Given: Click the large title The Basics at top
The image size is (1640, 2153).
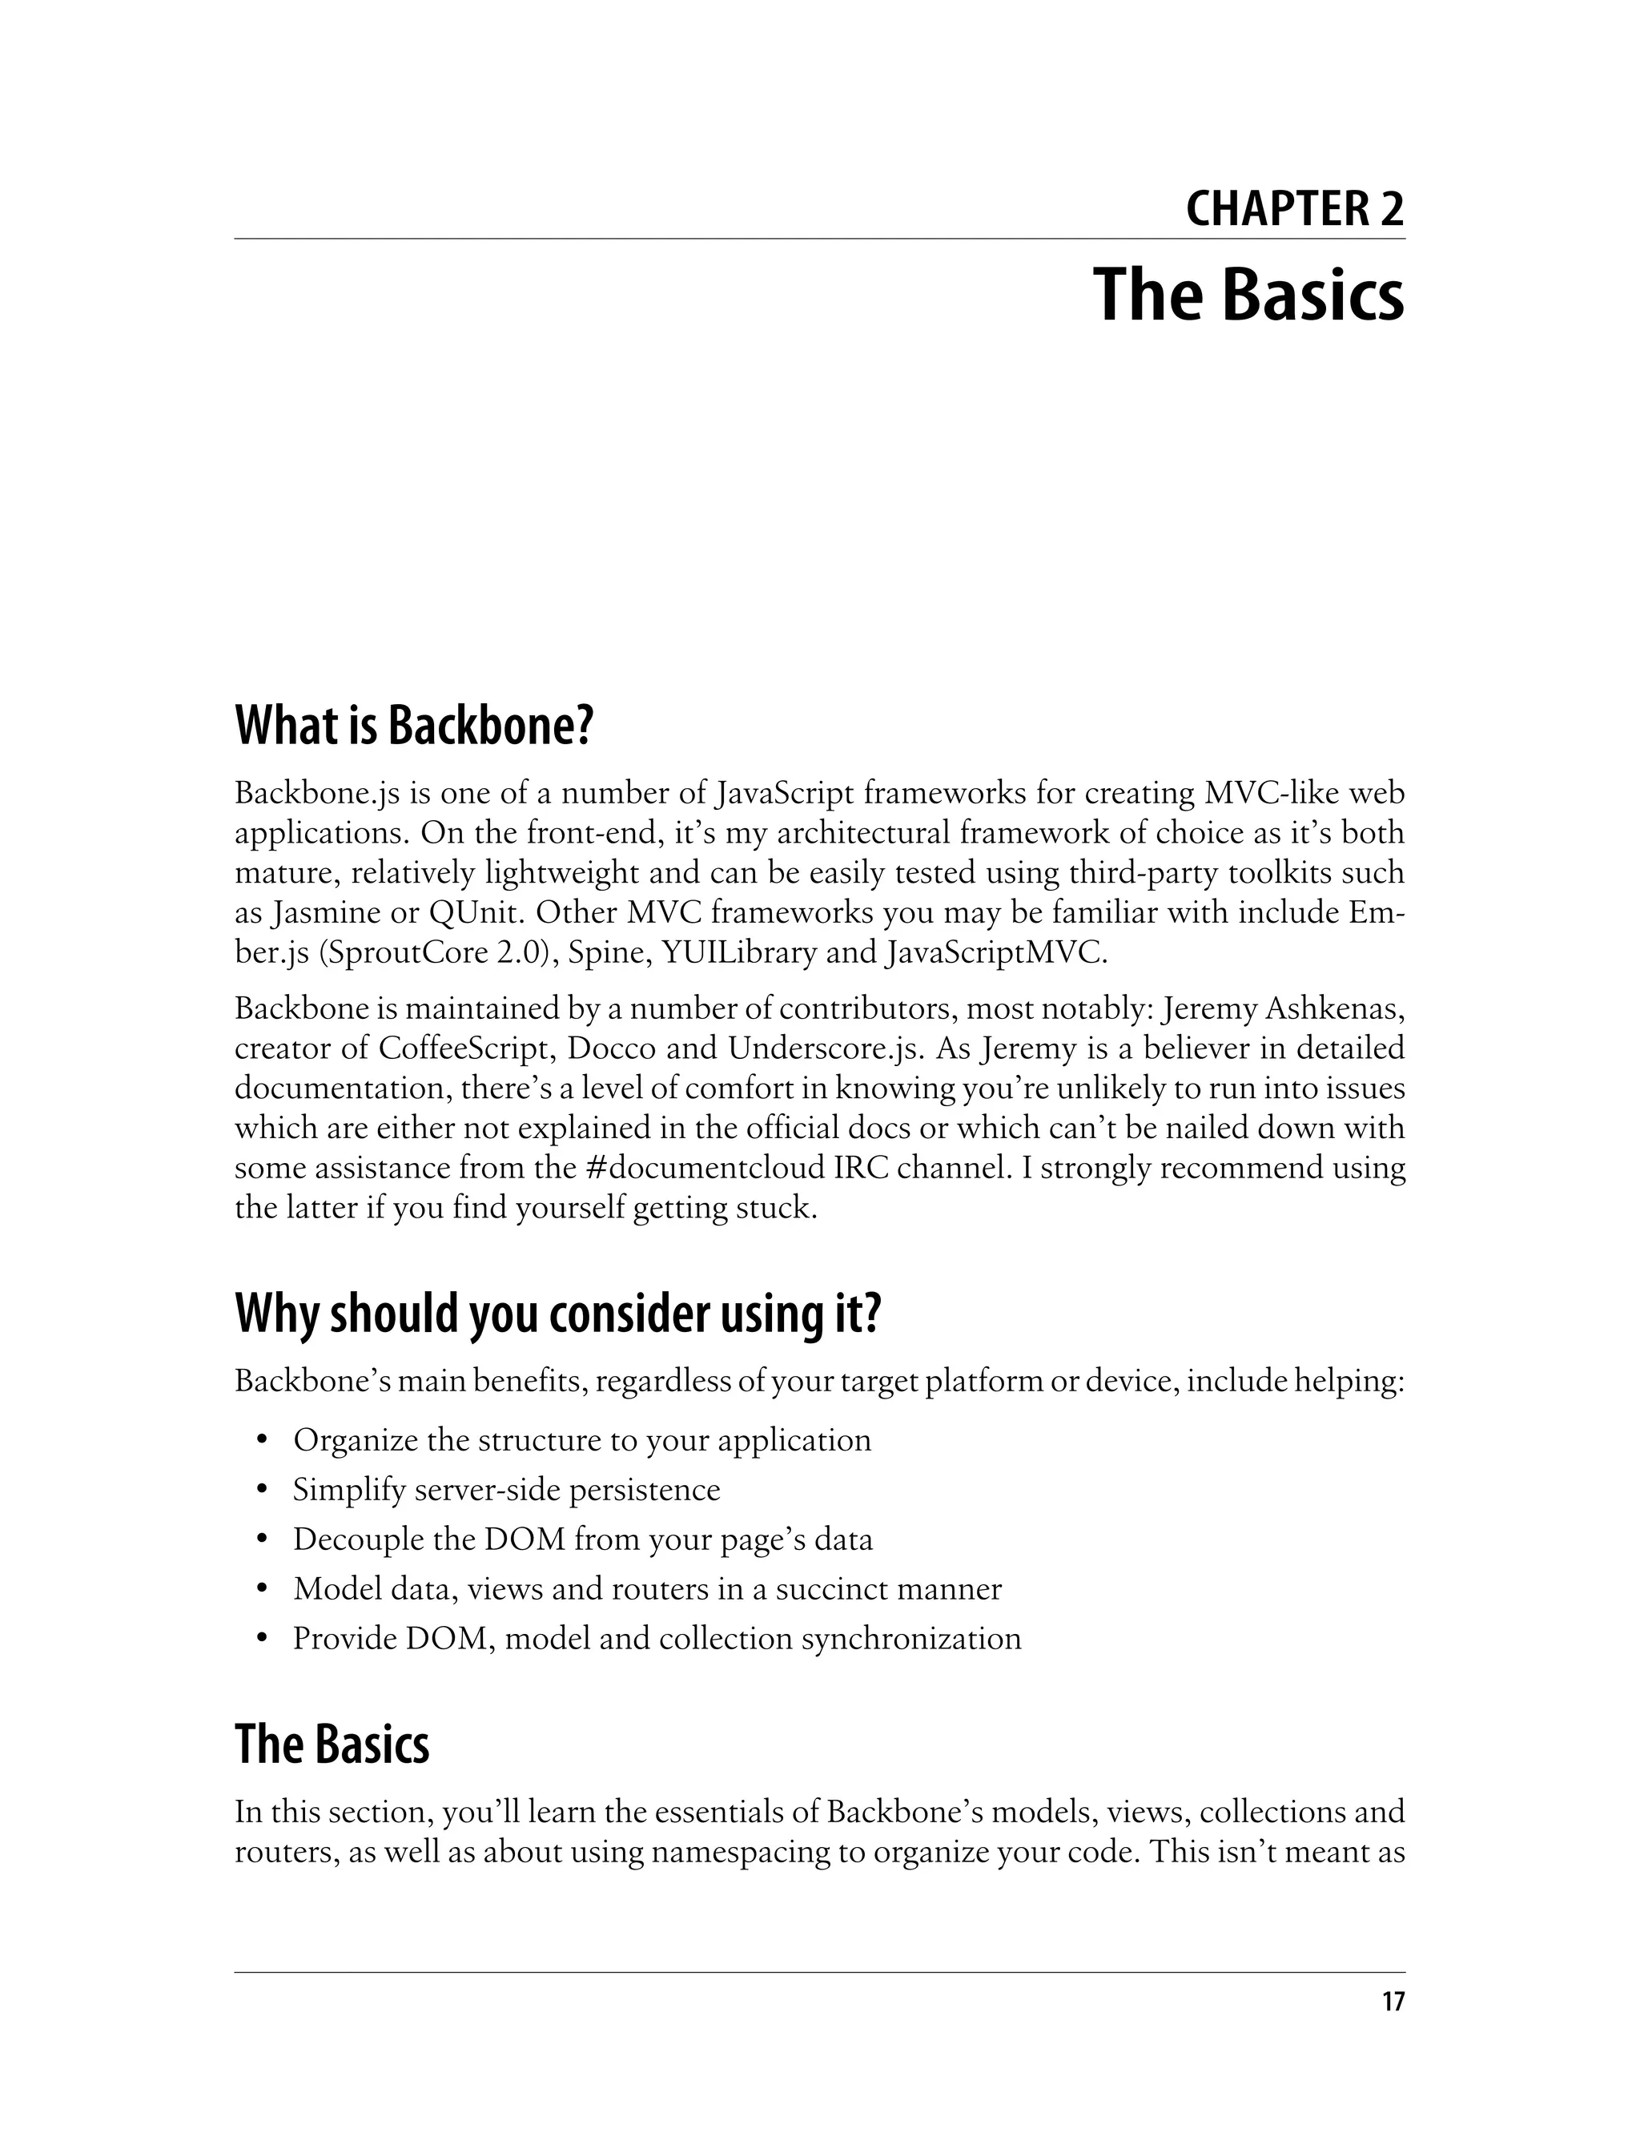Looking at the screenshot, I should click(1248, 294).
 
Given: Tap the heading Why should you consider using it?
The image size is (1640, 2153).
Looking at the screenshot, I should click(557, 1314).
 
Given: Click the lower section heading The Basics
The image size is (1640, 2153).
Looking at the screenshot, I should click(332, 1745).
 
